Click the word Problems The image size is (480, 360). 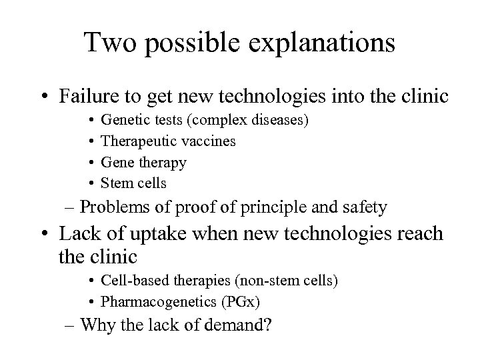tap(111, 207)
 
